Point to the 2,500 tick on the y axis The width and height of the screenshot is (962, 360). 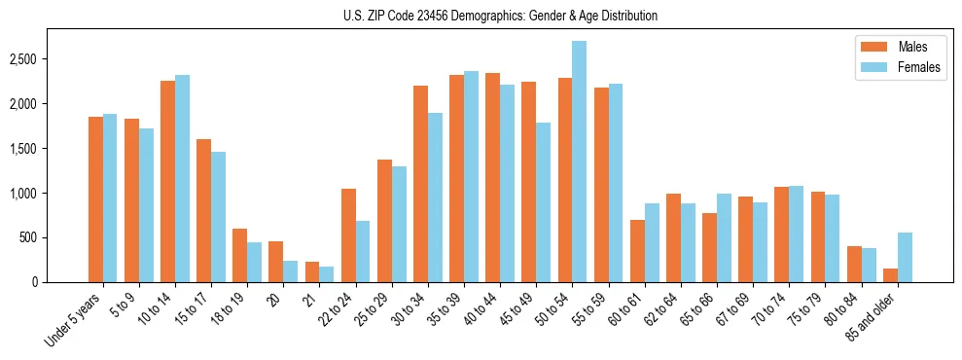(21, 59)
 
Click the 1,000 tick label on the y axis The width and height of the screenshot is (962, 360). (21, 194)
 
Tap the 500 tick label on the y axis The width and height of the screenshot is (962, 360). (27, 237)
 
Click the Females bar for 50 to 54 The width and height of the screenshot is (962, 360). (579, 162)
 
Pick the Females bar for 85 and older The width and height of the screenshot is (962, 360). (904, 258)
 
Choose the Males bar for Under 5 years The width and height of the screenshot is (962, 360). (95, 199)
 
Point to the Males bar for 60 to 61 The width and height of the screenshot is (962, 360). (637, 251)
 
